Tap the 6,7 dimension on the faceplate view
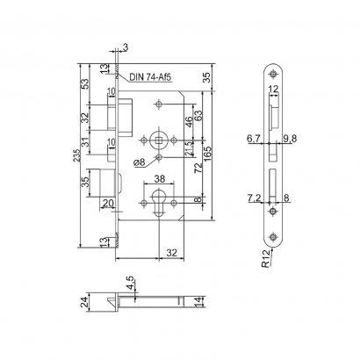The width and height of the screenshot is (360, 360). (254, 138)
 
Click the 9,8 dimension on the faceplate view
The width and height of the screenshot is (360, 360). (290, 138)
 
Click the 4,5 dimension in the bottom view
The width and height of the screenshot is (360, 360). (130, 284)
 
